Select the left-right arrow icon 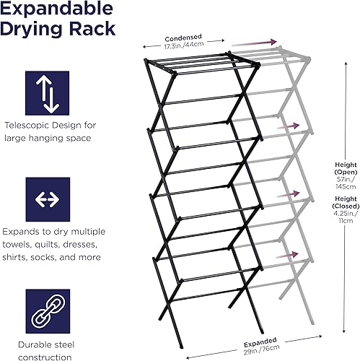coord(48,199)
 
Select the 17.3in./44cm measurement coord(183,46)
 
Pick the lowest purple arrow coord(288,255)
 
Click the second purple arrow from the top coord(288,126)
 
